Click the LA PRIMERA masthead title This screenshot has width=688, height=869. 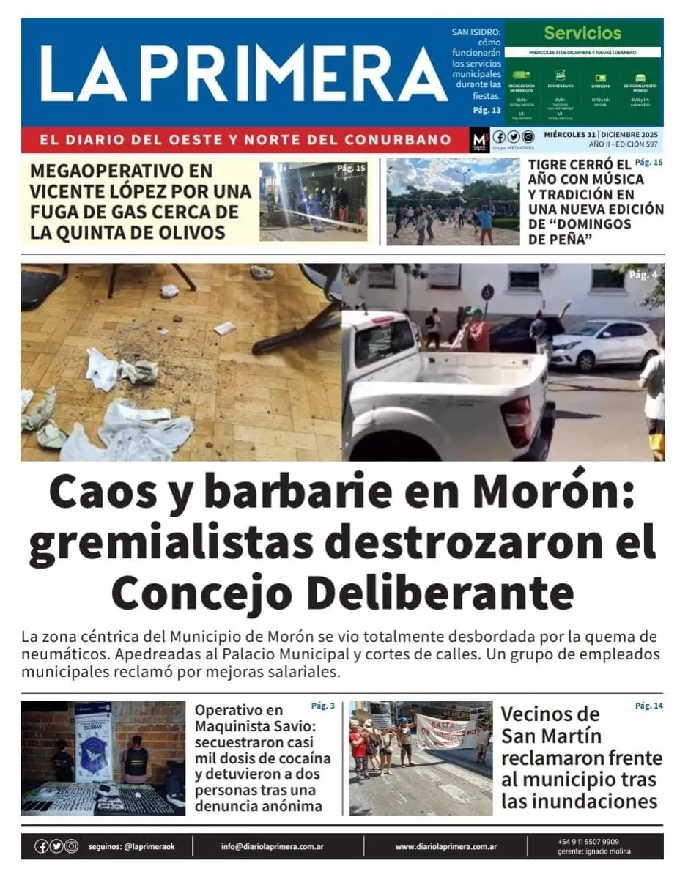pyautogui.click(x=242, y=73)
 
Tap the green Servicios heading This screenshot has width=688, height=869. pyautogui.click(x=582, y=33)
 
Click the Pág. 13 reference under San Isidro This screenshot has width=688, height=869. pyautogui.click(x=487, y=110)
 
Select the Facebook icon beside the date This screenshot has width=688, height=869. pyautogui.click(x=500, y=137)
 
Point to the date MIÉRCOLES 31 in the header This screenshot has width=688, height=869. pyautogui.click(x=569, y=134)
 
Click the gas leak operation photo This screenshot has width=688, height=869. pyautogui.click(x=314, y=201)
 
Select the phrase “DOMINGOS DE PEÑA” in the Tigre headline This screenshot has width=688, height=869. pyautogui.click(x=580, y=232)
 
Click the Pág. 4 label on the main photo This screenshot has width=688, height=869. pyautogui.click(x=643, y=275)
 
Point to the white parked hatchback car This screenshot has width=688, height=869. pyautogui.click(x=604, y=344)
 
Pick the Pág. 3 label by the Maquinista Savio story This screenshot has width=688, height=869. pyautogui.click(x=322, y=706)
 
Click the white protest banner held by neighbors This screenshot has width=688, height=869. pyautogui.click(x=446, y=731)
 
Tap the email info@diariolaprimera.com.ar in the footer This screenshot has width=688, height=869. pyautogui.click(x=273, y=846)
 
